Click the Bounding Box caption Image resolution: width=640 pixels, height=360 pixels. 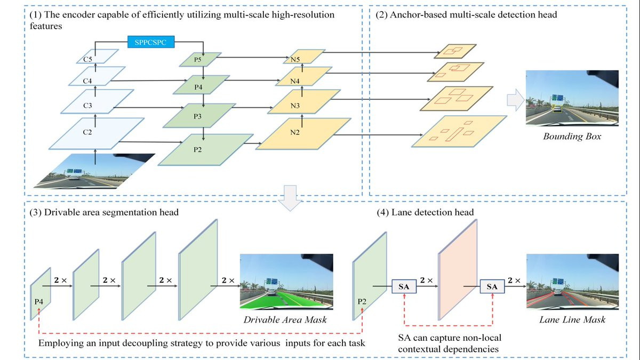(x=572, y=137)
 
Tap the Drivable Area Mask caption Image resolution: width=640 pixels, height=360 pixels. (x=285, y=320)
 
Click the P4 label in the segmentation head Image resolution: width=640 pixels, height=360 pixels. (x=39, y=302)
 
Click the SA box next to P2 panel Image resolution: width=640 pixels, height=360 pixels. (x=405, y=287)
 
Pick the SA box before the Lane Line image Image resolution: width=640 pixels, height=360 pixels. (x=492, y=287)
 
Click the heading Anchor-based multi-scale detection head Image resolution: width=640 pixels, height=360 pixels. (x=466, y=15)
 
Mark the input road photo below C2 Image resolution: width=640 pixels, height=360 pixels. (x=94, y=171)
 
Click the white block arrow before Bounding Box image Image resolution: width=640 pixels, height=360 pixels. (x=514, y=101)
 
